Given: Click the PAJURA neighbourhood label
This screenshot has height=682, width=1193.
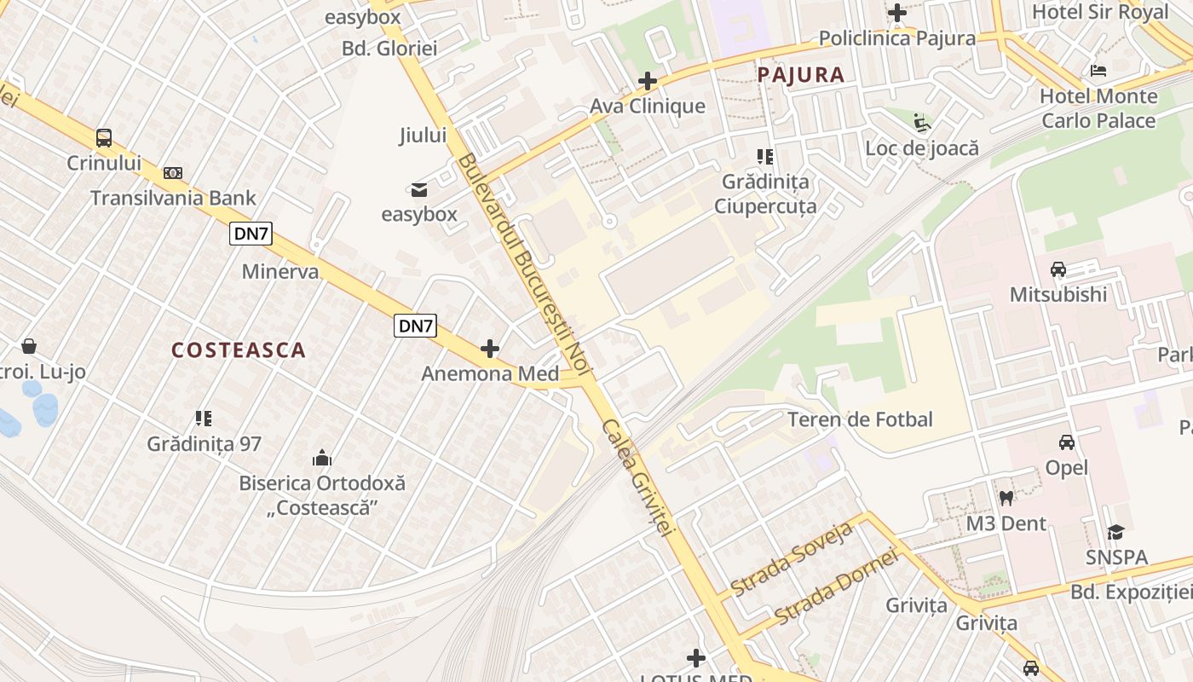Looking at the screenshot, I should point(801,75).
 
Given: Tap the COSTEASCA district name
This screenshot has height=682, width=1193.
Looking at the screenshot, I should point(239,350).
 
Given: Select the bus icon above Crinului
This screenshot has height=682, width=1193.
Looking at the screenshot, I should point(104,138).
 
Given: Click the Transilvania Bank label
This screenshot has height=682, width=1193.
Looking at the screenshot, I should point(173,199).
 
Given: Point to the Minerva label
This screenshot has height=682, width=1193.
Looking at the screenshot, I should point(280,272).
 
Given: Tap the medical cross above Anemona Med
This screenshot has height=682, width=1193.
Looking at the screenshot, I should point(490,349).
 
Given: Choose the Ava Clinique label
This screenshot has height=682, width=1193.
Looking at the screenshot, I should point(648,107).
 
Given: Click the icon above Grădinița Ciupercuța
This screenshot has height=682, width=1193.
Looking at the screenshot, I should point(765,157).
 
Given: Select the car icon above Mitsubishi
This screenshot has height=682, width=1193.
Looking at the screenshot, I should point(1058,269).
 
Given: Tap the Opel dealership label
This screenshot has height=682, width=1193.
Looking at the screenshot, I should point(1067,468).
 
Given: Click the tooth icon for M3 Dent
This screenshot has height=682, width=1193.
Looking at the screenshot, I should point(1006,498).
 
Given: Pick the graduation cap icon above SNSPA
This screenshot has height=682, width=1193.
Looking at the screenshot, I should point(1115,533).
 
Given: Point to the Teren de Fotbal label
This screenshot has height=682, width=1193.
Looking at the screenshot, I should point(860,419).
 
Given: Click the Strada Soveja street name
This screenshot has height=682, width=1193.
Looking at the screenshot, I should point(792,559).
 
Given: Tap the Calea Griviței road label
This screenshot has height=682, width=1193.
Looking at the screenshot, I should point(638,477).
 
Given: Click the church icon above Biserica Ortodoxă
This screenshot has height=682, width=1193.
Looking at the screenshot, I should point(322,458).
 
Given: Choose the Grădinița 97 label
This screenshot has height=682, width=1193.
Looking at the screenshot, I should point(205,444).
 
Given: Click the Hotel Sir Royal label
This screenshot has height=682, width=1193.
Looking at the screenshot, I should point(1100,12).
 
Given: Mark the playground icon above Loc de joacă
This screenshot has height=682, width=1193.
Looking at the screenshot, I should point(922,123).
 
